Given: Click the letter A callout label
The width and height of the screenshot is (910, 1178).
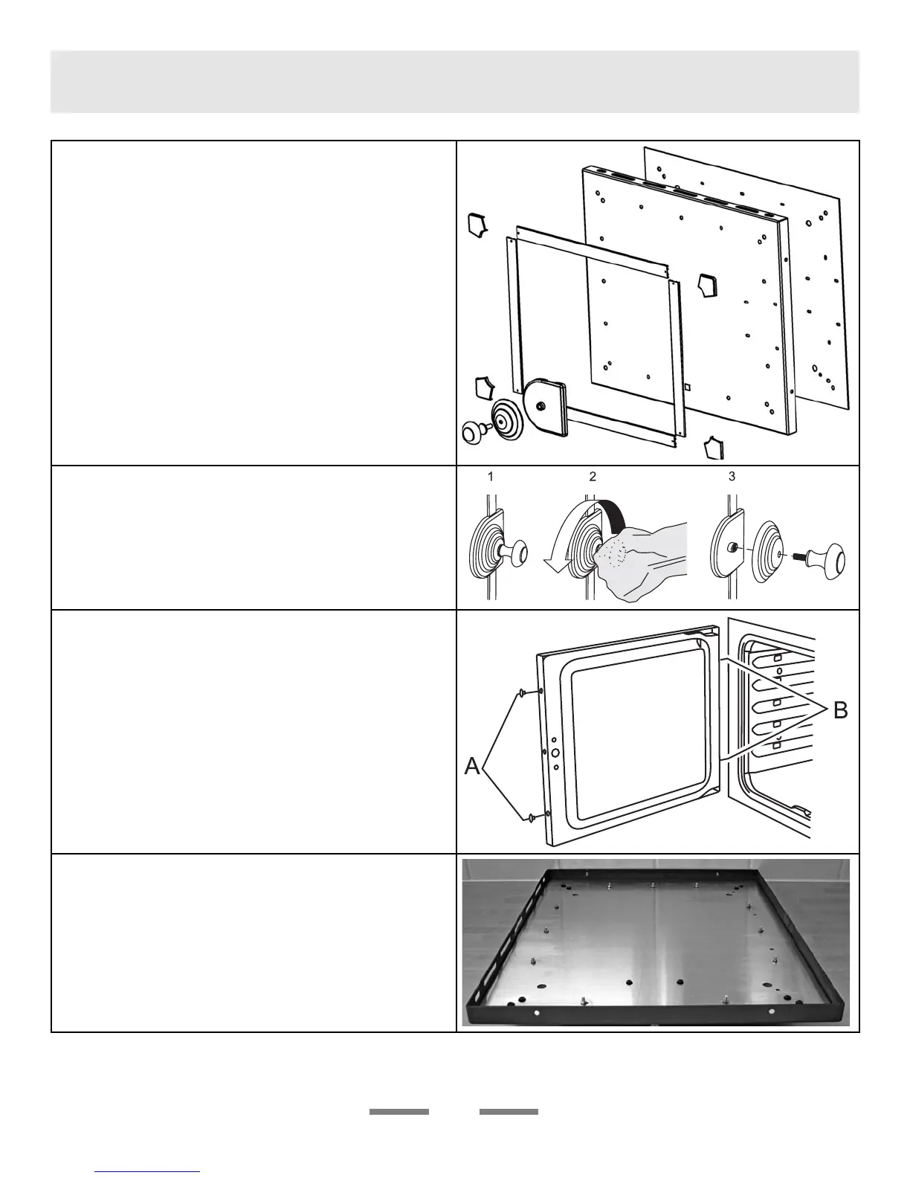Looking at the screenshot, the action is point(472,766).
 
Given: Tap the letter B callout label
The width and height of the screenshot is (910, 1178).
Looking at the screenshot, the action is point(839,711).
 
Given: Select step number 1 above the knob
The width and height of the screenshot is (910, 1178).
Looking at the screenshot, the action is point(491,477).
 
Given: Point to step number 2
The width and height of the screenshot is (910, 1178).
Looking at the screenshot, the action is point(593,477).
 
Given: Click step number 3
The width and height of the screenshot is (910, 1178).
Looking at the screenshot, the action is point(732,477).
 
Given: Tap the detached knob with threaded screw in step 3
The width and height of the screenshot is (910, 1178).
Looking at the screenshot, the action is point(825,557).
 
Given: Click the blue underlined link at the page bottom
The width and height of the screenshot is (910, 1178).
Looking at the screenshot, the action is point(148,1172).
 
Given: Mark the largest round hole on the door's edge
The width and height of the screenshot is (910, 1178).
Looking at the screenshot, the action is point(555,753).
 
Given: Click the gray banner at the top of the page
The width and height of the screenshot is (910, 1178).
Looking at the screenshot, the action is point(454,82).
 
